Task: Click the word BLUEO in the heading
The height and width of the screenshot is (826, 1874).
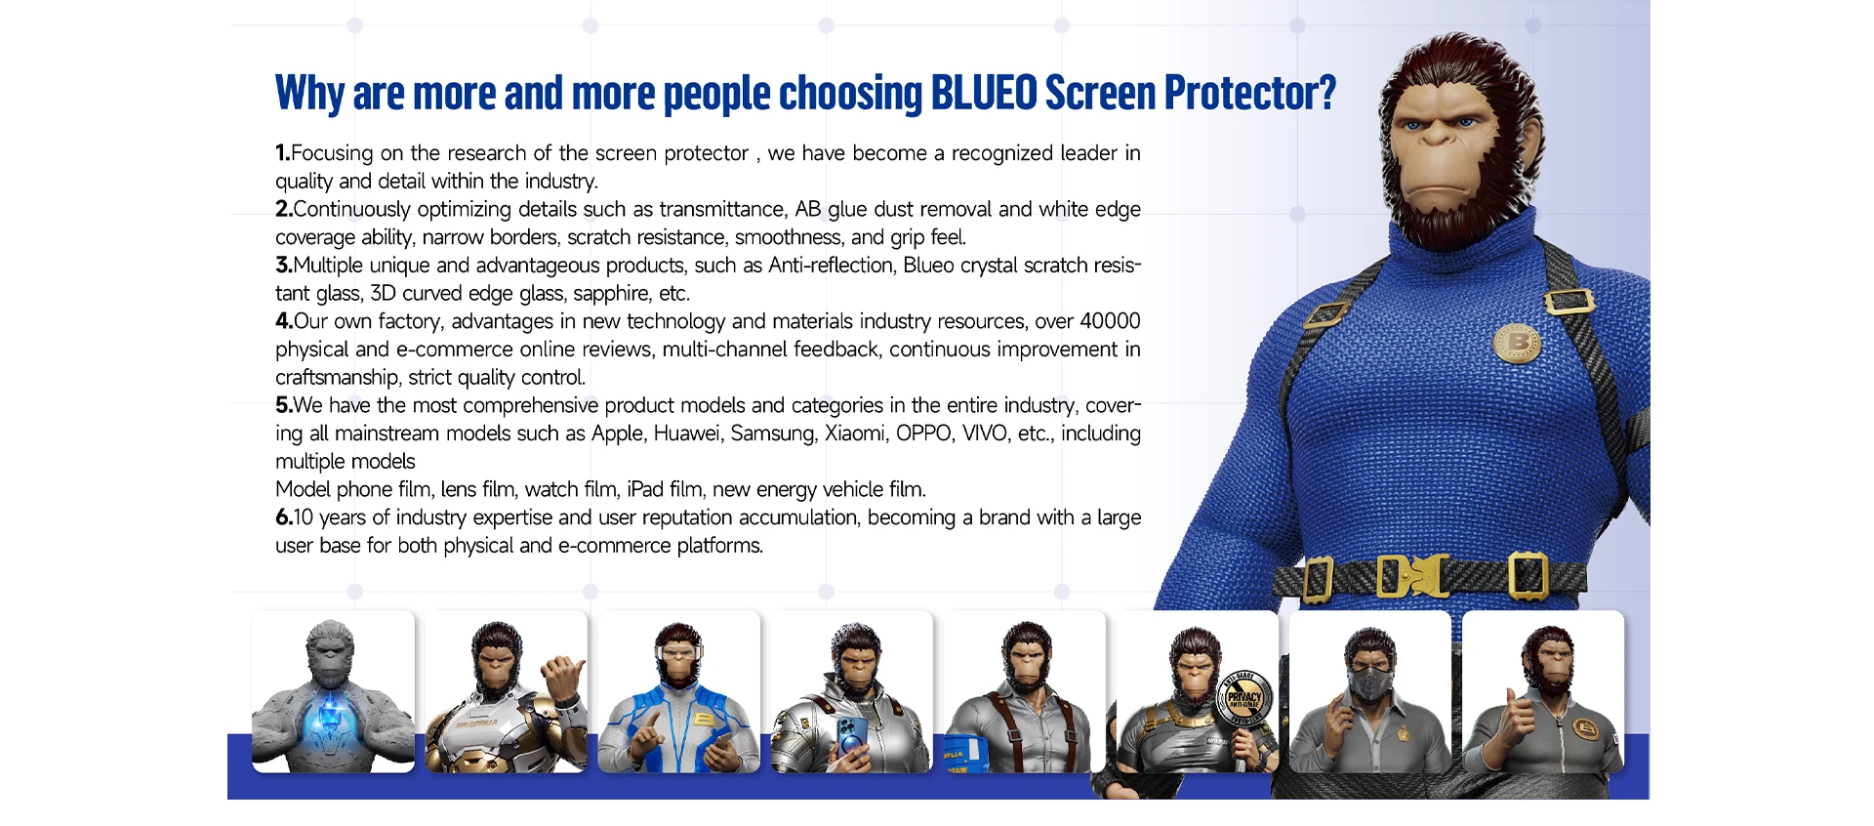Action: [984, 94]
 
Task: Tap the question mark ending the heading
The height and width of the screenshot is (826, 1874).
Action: [1326, 94]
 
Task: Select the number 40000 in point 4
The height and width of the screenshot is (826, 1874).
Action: [1110, 321]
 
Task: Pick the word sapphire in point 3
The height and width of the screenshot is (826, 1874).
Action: [612, 294]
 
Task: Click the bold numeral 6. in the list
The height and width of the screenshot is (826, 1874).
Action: [283, 517]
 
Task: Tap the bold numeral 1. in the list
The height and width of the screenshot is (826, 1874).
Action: [282, 153]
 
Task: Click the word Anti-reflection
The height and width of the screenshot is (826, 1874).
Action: [831, 266]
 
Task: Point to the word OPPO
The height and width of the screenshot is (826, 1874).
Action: [923, 434]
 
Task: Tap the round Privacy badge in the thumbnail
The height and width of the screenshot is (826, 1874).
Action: [1244, 698]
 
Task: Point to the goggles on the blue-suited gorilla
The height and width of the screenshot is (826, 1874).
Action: [677, 653]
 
